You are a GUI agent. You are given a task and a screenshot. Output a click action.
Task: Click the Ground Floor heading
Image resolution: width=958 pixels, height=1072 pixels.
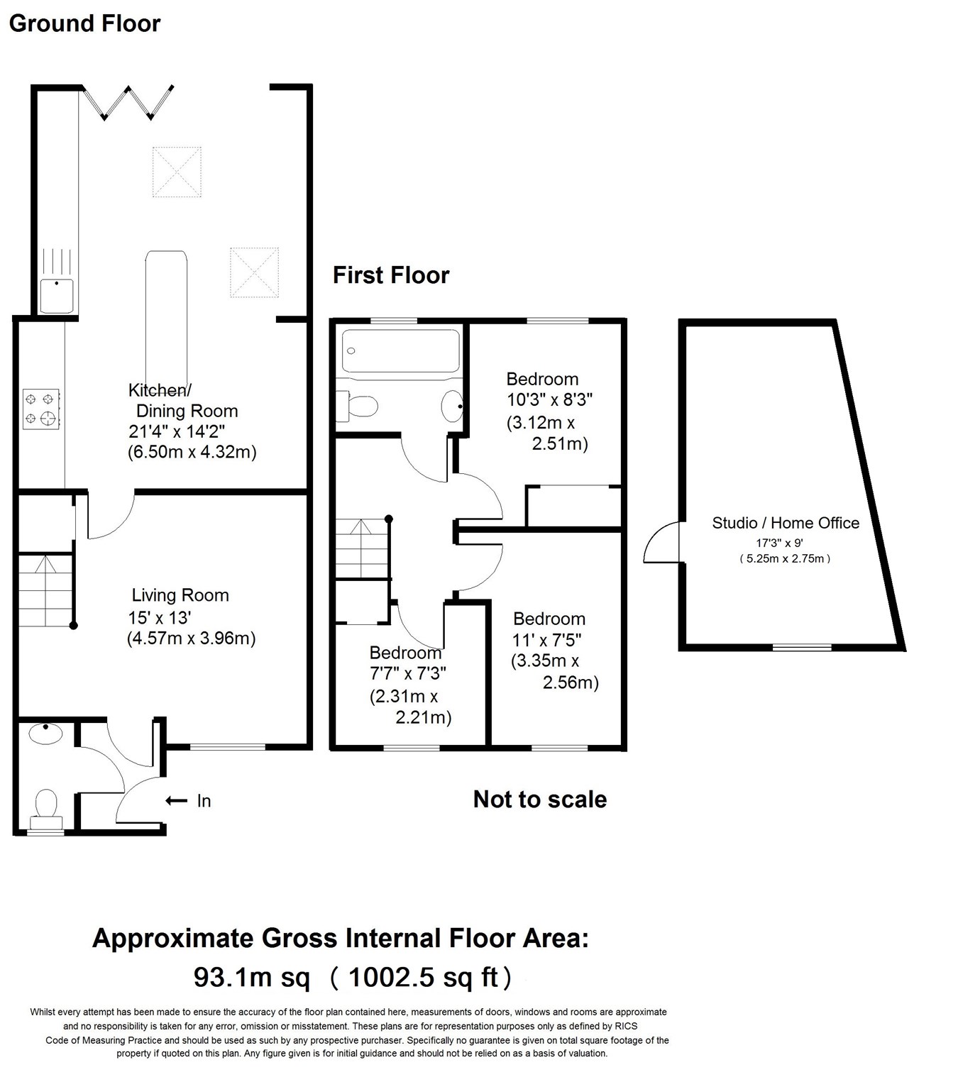(84, 23)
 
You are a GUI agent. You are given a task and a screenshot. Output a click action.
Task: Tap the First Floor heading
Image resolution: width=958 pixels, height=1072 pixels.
(391, 275)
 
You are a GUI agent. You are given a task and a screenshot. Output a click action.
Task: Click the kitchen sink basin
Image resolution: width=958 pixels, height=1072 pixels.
(57, 296)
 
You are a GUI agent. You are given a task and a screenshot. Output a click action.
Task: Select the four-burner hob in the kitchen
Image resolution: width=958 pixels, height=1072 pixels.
(41, 409)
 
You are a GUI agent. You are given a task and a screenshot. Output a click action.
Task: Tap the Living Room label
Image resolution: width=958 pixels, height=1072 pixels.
(180, 595)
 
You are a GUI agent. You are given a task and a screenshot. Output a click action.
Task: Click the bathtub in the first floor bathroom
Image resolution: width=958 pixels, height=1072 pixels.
(401, 350)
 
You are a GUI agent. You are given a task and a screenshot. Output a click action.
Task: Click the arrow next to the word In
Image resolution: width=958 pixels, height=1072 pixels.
(176, 801)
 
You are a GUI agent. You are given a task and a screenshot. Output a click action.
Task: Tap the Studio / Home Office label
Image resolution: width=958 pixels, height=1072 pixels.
(786, 523)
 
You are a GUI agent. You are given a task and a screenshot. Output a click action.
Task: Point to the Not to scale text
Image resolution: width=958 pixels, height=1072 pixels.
(539, 800)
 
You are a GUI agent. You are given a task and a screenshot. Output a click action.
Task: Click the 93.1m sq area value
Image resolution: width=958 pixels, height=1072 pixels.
(252, 978)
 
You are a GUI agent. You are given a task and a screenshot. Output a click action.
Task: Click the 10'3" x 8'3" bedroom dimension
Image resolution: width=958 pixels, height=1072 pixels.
(549, 399)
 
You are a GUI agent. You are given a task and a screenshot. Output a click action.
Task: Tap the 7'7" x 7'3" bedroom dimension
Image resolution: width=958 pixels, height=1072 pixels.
(408, 673)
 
